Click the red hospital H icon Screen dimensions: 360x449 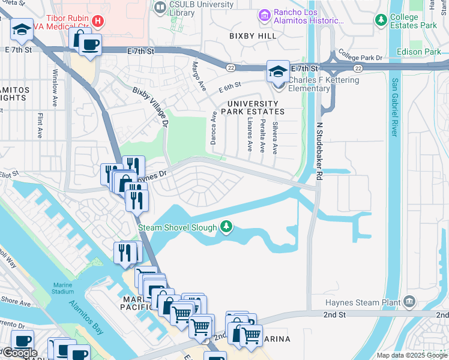[x=98, y=22]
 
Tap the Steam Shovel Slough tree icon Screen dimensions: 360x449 [x=226, y=227]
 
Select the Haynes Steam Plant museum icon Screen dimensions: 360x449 [x=409, y=301]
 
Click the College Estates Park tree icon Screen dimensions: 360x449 [x=381, y=20]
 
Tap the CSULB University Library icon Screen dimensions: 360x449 [x=160, y=8]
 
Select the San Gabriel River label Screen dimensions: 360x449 [x=394, y=108]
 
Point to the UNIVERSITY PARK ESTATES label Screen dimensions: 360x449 [x=252, y=107]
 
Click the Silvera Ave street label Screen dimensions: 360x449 [x=275, y=138]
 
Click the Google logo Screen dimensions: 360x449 [x=19, y=353]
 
